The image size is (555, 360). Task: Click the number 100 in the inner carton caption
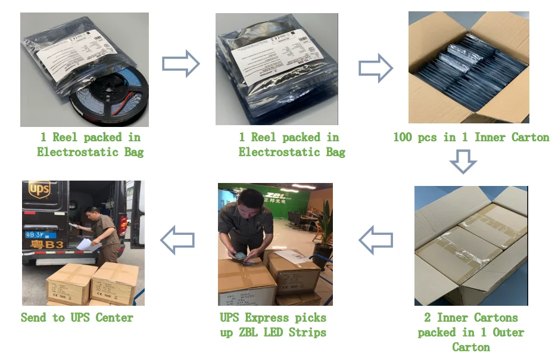point(403,138)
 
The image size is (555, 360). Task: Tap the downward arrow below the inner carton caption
point(463,161)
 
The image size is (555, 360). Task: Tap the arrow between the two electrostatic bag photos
point(180,64)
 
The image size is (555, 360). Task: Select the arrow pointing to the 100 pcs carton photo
point(375,69)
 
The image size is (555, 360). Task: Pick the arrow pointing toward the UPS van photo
point(177,240)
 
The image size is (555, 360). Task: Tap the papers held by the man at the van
point(85,244)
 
